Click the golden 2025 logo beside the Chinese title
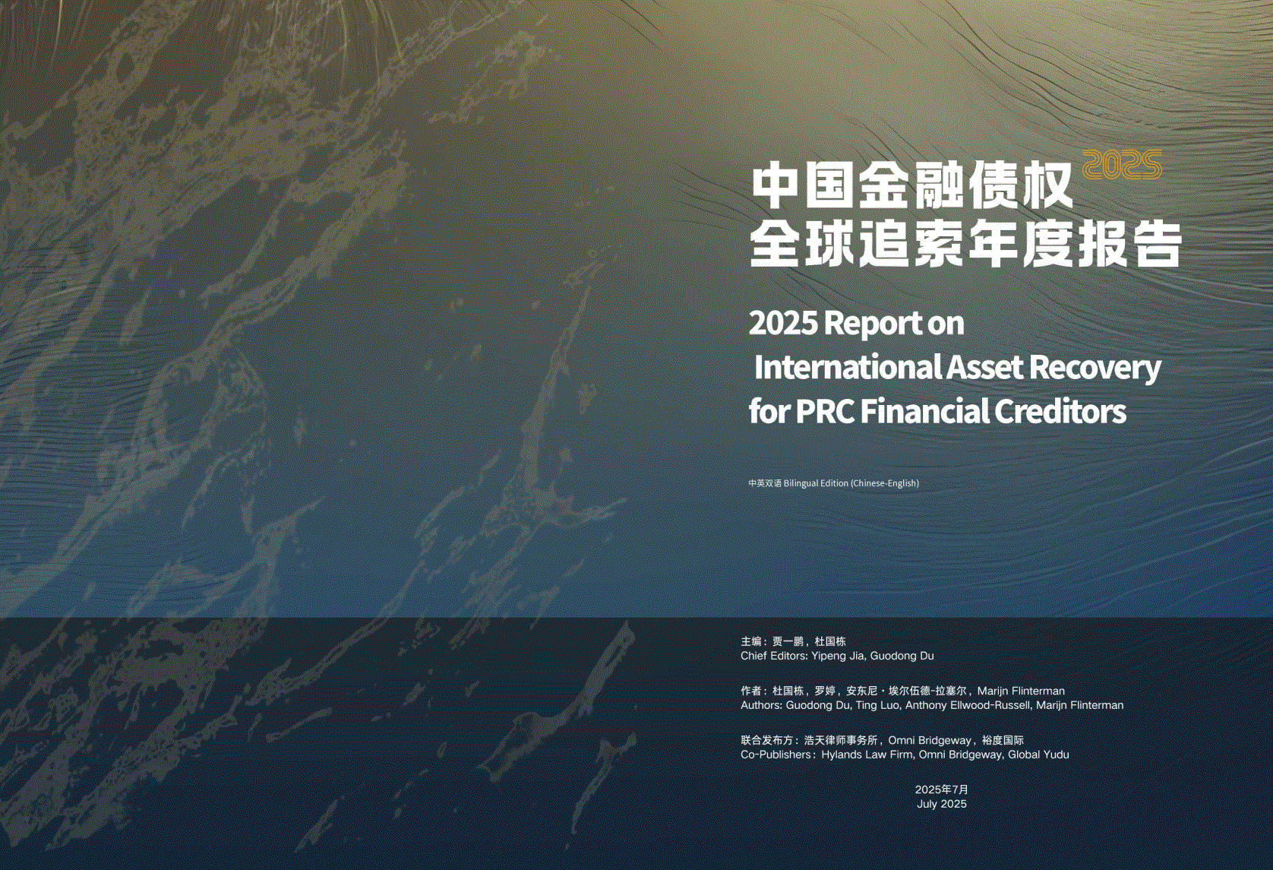pos(1122,165)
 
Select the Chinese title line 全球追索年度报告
pos(965,245)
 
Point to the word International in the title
pos(848,367)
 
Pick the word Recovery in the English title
pos(1095,368)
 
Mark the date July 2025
pos(942,804)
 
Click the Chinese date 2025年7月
pos(942,789)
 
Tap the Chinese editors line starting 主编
pos(794,641)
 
